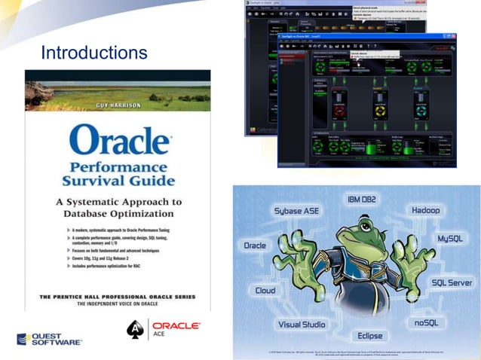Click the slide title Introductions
pos(93,53)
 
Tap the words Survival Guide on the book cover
pos(118,182)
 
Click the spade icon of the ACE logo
pos(136,330)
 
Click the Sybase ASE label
pos(296,211)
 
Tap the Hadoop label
pos(425,209)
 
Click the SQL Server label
pos(452,282)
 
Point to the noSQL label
pos(431,322)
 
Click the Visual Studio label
pos(302,325)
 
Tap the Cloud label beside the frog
pos(265,290)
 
